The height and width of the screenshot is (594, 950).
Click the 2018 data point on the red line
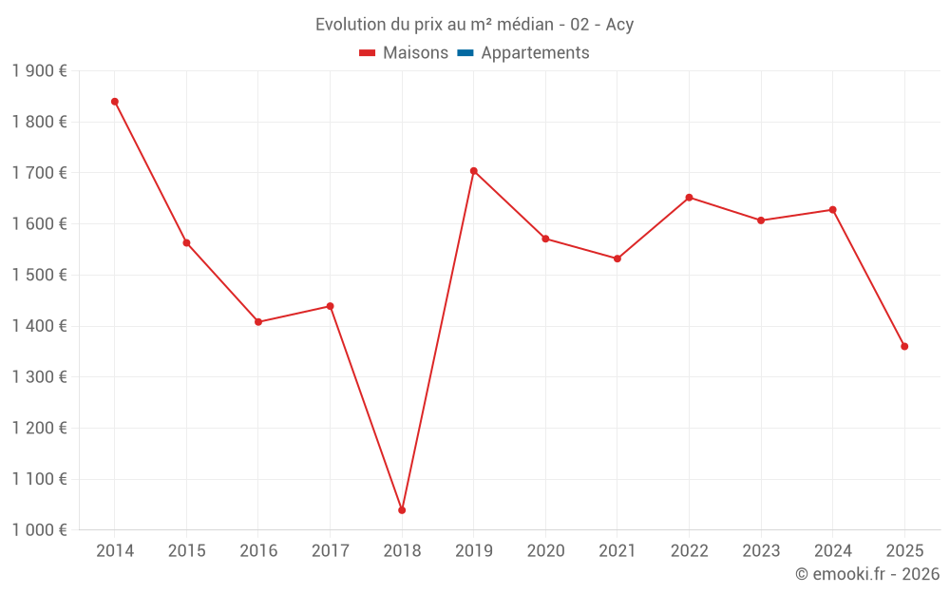[402, 510]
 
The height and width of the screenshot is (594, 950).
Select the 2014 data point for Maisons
[115, 102]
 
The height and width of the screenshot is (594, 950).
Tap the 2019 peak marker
[473, 171]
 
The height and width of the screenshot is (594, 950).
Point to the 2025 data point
[904, 346]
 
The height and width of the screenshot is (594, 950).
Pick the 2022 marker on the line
[689, 198]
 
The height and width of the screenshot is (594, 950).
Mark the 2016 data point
[258, 322]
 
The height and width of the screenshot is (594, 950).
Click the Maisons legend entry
[404, 53]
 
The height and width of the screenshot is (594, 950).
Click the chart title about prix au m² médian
[474, 25]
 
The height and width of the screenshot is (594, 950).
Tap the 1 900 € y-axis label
[39, 71]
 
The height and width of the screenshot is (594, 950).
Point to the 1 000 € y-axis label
[39, 530]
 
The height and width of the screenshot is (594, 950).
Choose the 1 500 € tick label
[39, 276]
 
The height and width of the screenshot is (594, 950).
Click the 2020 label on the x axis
[545, 551]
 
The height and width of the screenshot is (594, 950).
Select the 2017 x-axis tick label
[330, 551]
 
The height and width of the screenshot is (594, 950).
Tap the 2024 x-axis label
[832, 551]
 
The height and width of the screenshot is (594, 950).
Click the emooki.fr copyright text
[866, 574]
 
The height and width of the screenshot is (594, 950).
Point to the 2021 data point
[617, 259]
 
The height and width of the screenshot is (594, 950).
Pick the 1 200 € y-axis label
[39, 429]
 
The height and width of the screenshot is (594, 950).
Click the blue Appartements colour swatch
[465, 53]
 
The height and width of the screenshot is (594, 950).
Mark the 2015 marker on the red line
[186, 243]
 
